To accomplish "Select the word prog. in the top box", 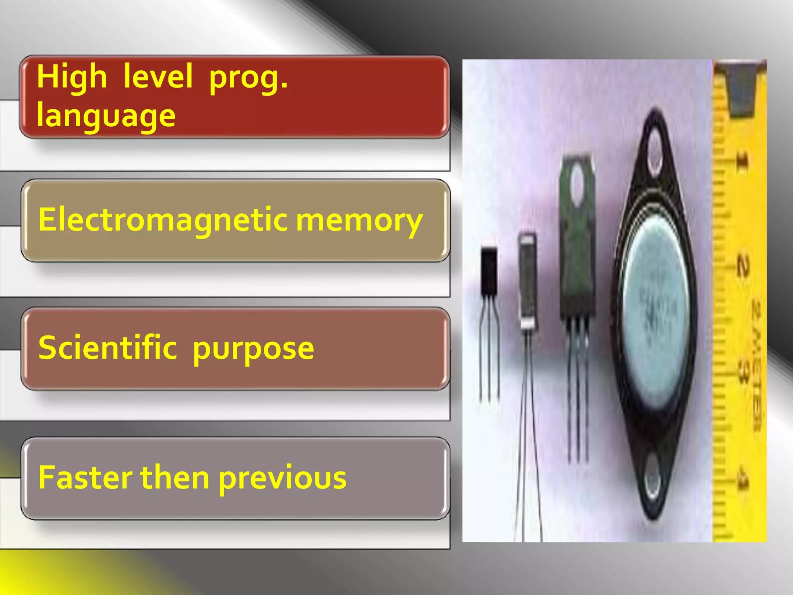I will tap(248, 77).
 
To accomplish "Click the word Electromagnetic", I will tap(163, 220).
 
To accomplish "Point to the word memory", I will tap(359, 221).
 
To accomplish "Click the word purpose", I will tap(253, 349).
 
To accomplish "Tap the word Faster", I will tap(85, 477).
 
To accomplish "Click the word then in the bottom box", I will tap(175, 477).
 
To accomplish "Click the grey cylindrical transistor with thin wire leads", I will tap(527, 281).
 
